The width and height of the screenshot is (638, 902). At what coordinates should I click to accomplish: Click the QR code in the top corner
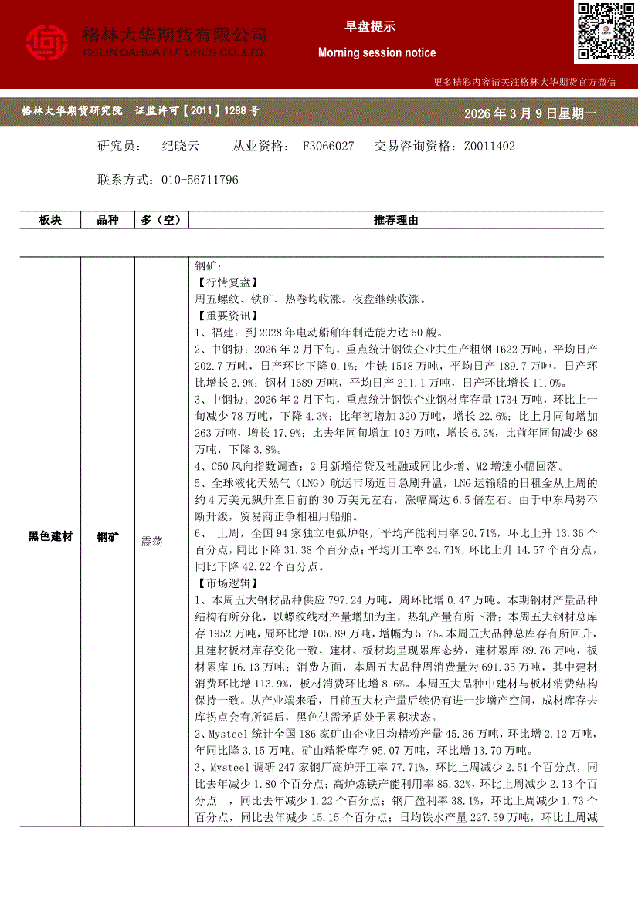[605, 32]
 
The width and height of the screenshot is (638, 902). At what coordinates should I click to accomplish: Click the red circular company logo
[47, 42]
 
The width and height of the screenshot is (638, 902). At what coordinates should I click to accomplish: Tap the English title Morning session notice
[377, 52]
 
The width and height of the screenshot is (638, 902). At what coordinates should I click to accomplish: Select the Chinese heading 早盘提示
[370, 26]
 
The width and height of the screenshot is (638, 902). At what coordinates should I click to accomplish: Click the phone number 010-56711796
[200, 180]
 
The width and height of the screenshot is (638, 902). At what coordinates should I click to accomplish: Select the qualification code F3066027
[328, 146]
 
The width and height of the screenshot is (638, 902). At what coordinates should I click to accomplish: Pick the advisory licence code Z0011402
[489, 146]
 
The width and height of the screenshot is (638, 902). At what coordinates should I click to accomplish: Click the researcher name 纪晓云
[181, 146]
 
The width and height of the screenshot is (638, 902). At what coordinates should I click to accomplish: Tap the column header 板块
[50, 220]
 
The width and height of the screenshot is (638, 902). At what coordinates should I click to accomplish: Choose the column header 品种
[107, 220]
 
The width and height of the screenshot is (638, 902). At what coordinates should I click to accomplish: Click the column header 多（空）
[161, 220]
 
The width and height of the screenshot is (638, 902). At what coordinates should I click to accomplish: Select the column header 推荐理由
[395, 220]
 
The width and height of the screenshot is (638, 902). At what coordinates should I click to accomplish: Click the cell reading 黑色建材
[50, 535]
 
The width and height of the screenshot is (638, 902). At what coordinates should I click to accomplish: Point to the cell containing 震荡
[151, 542]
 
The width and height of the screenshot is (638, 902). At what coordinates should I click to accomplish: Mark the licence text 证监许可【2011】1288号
[197, 111]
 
